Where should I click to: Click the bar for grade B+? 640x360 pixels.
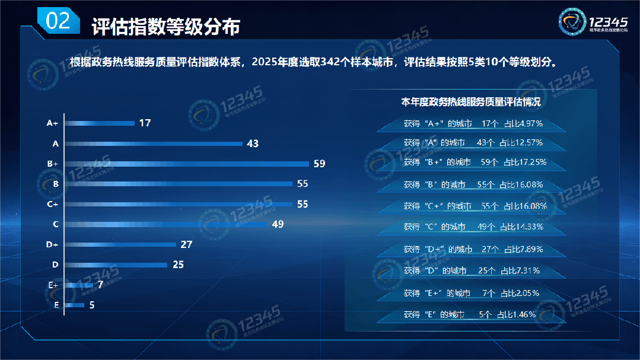187,164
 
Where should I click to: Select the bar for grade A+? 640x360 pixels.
100,123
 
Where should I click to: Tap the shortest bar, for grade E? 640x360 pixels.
74,305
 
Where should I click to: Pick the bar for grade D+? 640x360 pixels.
120,244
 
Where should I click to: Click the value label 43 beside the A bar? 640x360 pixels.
253,144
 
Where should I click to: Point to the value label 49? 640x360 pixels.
278,224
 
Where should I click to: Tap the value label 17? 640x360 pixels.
145,123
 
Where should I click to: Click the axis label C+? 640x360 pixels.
52,204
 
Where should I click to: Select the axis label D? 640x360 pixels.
55,265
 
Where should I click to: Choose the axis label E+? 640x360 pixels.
53,285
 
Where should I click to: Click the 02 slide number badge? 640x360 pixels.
58,22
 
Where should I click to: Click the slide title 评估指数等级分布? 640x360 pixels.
165,27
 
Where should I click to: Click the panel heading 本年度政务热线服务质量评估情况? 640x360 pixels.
471,102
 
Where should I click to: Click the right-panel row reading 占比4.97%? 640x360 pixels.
473,124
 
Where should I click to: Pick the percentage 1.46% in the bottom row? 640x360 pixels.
523,314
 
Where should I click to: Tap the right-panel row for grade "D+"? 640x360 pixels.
473,249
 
